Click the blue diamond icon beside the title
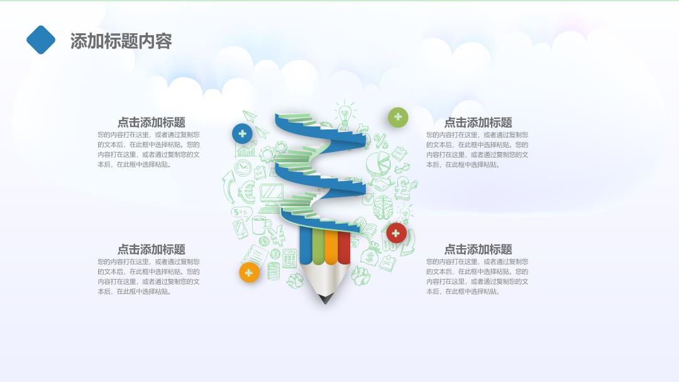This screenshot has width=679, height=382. coord(41,40)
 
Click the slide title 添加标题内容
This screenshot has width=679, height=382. coord(121,41)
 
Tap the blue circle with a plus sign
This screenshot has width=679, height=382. coord(242,134)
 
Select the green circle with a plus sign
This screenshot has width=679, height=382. coord(398,117)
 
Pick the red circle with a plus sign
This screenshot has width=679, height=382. coord(396,234)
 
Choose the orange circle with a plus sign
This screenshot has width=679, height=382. coord(249,273)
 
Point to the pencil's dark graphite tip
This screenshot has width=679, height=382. coord(325,298)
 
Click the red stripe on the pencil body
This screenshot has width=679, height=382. coord(345,248)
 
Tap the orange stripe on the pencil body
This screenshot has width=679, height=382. coord(331,247)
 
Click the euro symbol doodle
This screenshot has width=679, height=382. coord(246,191)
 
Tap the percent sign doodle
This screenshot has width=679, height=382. coord(381,141)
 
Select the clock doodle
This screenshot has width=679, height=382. coord(243,167)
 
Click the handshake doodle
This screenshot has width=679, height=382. coord(380,184)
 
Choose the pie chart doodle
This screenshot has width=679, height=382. coord(378,163)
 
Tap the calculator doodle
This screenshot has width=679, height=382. coord(289,258)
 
